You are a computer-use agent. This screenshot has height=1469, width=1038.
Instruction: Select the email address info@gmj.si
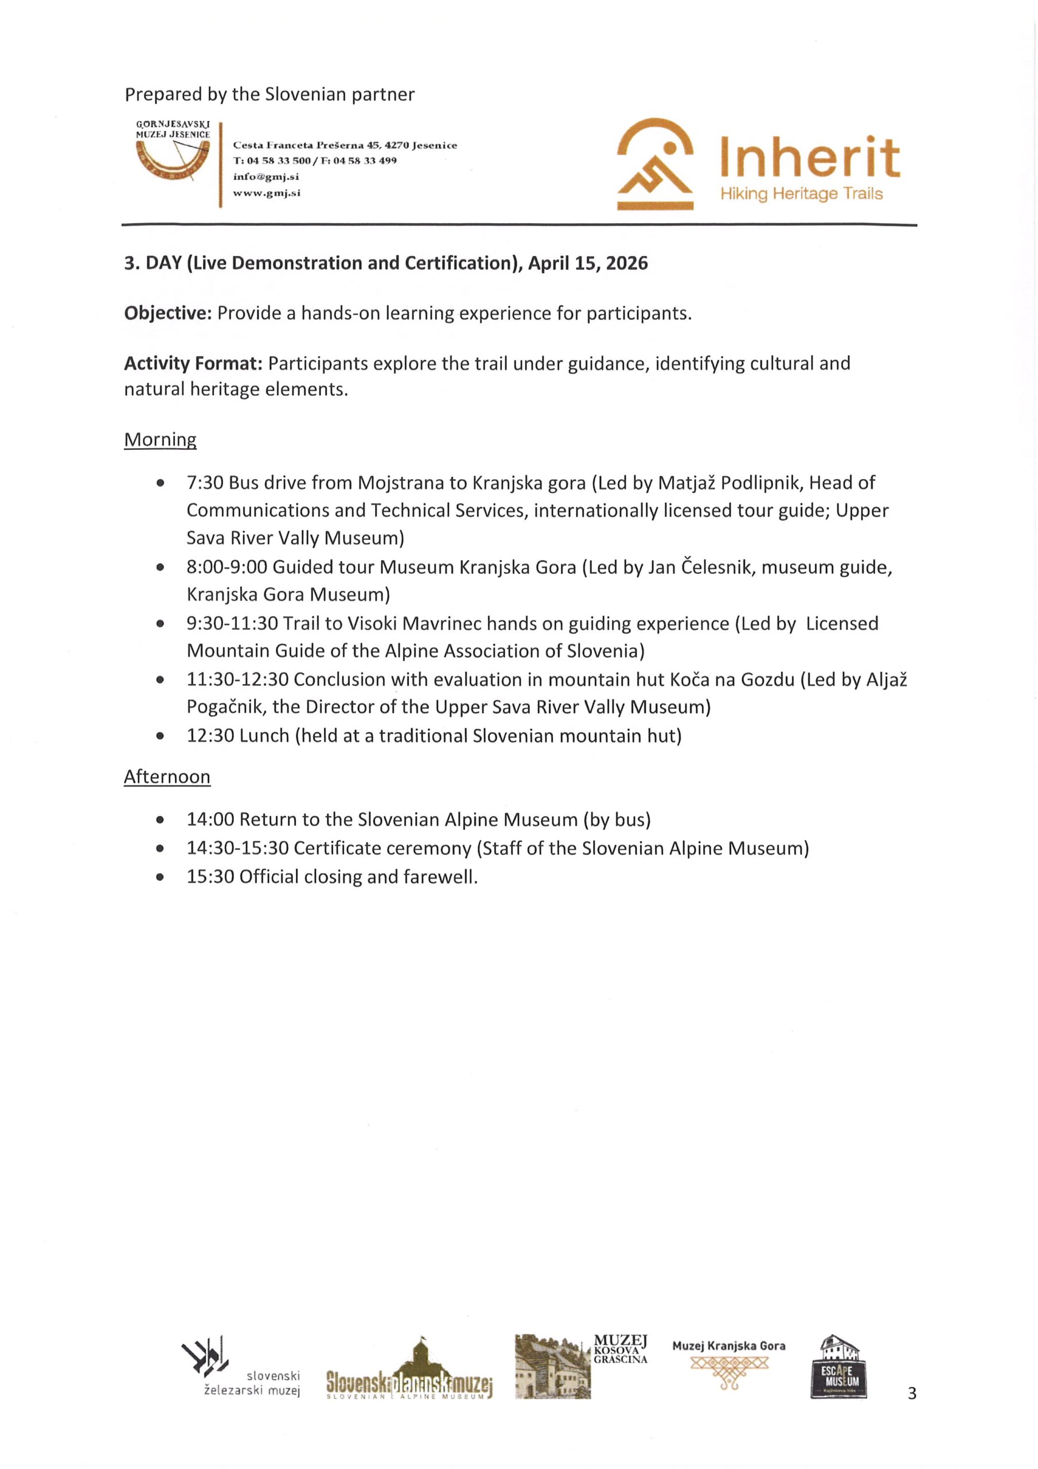266,177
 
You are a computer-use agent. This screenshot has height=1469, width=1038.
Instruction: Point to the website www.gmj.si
267,193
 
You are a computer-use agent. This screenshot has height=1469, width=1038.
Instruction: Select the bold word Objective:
167,313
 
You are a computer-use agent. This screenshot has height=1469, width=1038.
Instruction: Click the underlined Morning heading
160,440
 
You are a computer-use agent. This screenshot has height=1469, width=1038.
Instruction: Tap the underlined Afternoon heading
167,777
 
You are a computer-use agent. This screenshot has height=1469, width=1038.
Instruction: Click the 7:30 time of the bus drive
205,483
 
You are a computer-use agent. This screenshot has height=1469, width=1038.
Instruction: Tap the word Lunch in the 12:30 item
265,736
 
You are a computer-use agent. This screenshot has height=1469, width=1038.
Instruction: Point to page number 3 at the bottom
911,1393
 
